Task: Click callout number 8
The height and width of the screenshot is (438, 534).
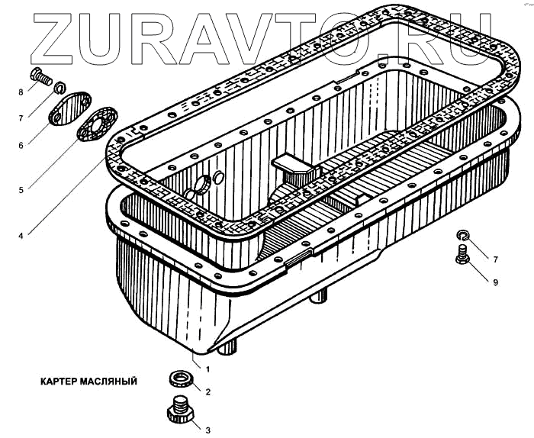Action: (21, 92)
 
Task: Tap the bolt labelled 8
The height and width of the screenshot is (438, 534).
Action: (39, 76)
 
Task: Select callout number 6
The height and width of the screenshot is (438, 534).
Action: (21, 144)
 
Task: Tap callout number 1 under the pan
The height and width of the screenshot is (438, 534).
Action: (207, 369)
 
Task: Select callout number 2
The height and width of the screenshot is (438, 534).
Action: (207, 392)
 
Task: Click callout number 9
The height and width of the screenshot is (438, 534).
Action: (495, 282)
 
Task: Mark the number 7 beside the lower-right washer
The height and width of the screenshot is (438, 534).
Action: (495, 259)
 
